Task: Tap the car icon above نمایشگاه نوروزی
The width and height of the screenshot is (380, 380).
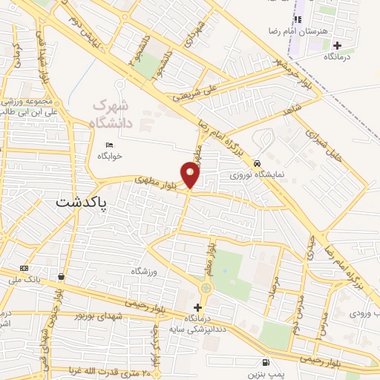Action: (x=256, y=163)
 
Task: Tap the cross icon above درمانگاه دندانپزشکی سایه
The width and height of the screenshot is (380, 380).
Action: (x=197, y=307)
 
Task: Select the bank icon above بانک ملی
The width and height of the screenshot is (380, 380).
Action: (x=24, y=268)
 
